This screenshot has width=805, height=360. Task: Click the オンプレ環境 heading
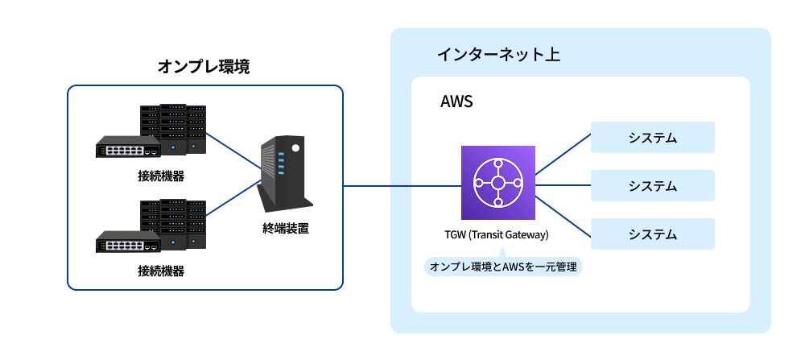(x=204, y=67)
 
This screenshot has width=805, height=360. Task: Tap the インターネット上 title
(x=498, y=55)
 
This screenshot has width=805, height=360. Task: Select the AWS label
(x=456, y=102)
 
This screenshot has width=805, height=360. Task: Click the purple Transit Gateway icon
(x=497, y=183)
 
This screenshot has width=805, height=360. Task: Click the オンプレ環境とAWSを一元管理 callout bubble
(x=503, y=267)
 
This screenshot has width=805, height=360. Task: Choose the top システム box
(x=653, y=138)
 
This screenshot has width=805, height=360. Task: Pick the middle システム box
(x=653, y=186)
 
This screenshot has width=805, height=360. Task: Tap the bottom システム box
(x=653, y=234)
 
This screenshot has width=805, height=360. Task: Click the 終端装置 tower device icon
(x=284, y=172)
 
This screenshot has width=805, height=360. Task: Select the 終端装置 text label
(x=286, y=228)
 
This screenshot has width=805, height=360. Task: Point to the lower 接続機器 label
(x=161, y=270)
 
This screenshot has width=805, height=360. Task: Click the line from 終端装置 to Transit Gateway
(x=402, y=186)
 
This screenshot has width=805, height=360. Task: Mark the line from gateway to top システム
(x=563, y=153)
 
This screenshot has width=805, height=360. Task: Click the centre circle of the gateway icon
(x=497, y=183)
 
